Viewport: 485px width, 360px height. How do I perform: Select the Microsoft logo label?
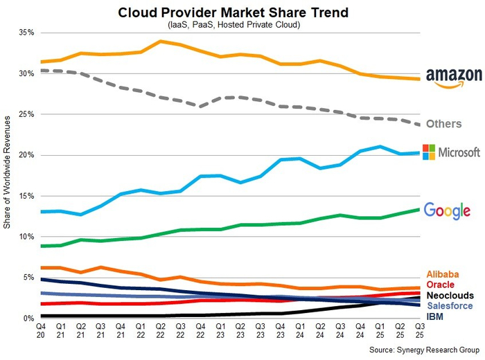coord(451,152)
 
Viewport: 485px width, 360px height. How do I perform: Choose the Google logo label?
coord(447,210)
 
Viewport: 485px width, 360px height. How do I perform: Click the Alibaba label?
coord(444,274)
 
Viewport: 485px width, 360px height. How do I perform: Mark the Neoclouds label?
coord(450,295)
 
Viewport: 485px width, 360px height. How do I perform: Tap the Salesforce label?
coord(450,305)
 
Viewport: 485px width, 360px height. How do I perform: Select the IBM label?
coord(435,316)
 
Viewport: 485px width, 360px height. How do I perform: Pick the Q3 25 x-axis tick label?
coord(419,330)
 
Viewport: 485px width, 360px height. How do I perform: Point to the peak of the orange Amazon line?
coord(161,41)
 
